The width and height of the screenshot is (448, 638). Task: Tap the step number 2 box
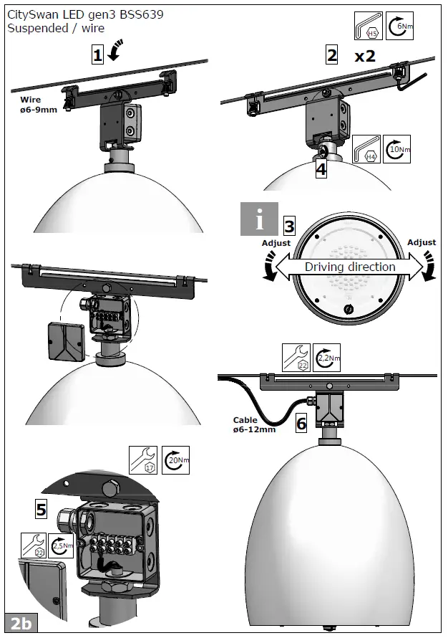point(331,54)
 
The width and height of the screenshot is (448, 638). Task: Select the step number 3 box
point(290,225)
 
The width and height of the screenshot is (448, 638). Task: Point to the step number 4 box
point(321,169)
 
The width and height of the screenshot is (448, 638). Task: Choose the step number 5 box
point(42,510)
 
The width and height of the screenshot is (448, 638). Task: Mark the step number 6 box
point(301,423)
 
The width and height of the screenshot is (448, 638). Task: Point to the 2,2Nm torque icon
point(326,358)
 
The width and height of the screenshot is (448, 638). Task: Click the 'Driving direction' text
point(350,267)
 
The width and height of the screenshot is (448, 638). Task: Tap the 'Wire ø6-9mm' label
point(39,105)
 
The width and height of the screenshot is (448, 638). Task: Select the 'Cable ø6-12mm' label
point(254,425)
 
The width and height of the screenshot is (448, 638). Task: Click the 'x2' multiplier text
point(365,56)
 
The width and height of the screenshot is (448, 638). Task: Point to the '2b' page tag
point(21,623)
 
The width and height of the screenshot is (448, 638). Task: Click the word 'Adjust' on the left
point(276,243)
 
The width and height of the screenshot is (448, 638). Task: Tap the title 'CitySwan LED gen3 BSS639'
point(79,15)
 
